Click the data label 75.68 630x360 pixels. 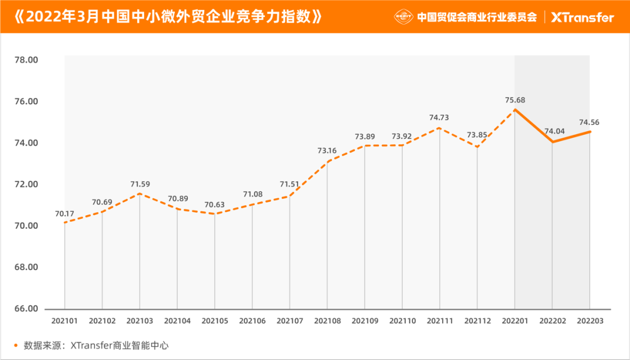click(515, 100)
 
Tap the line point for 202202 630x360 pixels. click(552, 142)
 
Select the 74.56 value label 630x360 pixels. click(589, 123)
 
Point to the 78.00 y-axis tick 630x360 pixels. click(26, 60)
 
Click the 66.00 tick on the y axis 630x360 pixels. click(26, 309)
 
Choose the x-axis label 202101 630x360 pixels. click(64, 320)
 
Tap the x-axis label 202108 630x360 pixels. click(327, 320)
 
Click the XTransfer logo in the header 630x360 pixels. click(582, 17)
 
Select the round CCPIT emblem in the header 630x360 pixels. click(404, 17)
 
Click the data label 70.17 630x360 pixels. click(65, 214)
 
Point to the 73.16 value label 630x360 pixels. click(327, 151)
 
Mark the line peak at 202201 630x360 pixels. click(514, 109)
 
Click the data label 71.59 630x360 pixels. click(140, 184)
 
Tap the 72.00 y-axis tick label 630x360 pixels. click(26, 184)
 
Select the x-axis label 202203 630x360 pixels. click(589, 320)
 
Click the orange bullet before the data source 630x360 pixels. click(15, 345)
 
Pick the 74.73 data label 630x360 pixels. click(439, 117)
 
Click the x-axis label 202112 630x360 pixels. click(477, 320)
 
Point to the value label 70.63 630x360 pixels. click(215, 205)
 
